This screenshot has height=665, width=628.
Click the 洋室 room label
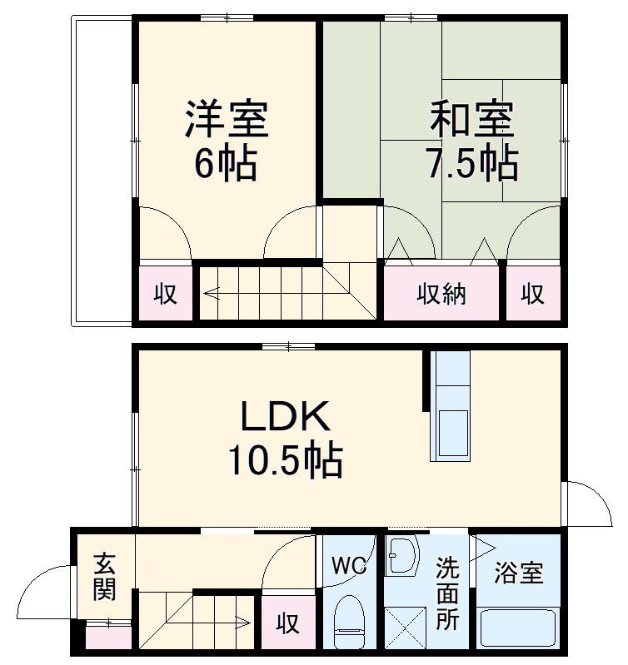[x=227, y=119]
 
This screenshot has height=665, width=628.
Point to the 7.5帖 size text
[x=473, y=164]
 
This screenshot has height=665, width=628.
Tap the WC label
[x=350, y=567]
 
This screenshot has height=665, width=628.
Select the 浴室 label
[x=518, y=573]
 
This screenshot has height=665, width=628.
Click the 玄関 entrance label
[x=104, y=577]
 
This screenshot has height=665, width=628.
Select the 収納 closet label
[x=441, y=294]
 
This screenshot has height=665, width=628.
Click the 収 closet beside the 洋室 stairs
[x=166, y=294]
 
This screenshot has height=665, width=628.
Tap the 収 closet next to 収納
[x=533, y=294]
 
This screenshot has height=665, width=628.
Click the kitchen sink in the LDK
[x=450, y=433]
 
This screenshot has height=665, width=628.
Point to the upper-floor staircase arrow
[x=212, y=292]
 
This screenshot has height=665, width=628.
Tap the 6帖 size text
[x=225, y=164]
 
